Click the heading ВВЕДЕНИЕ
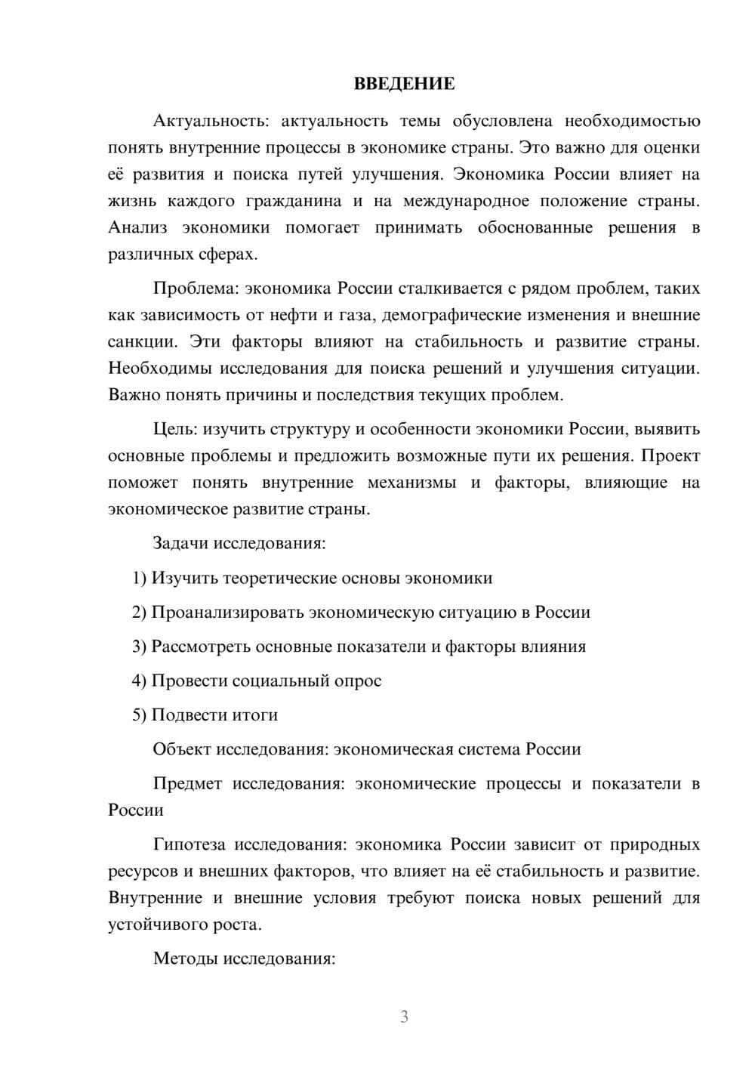404,84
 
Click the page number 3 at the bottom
404,1017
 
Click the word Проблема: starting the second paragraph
190,289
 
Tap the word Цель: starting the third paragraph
175,429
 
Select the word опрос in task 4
357,681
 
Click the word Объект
182,749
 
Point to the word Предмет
187,783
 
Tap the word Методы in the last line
182,958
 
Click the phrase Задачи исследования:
239,543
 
